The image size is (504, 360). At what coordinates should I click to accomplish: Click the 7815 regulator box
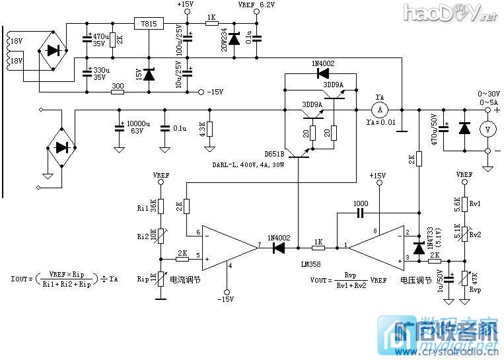pos(148,23)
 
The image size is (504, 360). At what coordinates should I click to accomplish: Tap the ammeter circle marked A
pos(378,109)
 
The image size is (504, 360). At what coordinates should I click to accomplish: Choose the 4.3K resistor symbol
pos(209,129)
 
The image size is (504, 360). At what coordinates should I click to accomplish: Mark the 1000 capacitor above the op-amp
pos(361,213)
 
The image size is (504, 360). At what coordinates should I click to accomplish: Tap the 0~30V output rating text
pos(489,94)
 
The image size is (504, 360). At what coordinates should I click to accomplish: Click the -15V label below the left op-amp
pos(227,299)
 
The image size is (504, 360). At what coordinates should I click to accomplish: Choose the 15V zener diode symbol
pos(148,74)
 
